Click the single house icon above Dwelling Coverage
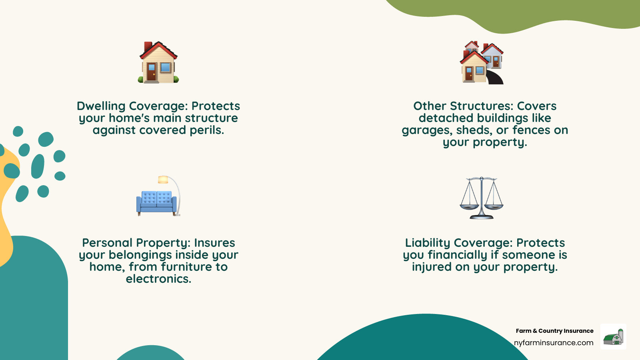pos(158,62)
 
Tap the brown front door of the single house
pos(152,72)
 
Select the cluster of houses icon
pos(482,62)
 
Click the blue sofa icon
pos(156,203)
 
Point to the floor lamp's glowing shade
pos(163,180)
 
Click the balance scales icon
pos(482,198)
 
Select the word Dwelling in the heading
pos(101,106)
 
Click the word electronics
pos(158,279)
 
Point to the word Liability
pos(428,243)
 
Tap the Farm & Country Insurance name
pos(554,331)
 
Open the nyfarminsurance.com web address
pos(554,343)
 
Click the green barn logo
pos(613,337)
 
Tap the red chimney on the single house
pos(148,46)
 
